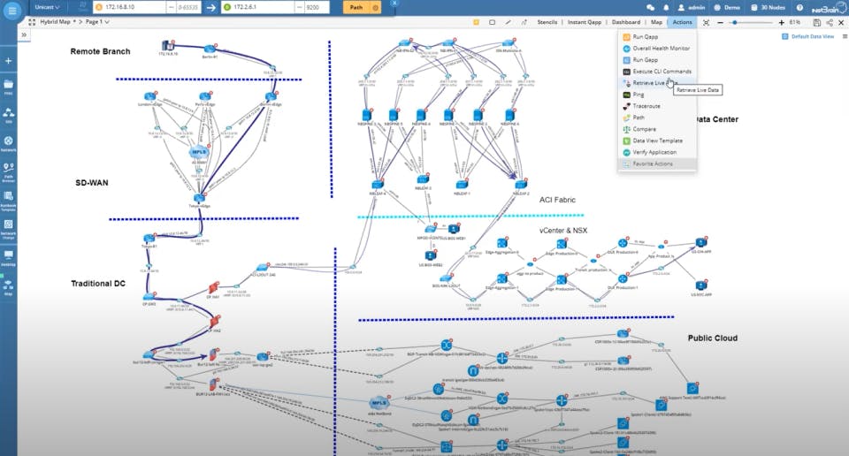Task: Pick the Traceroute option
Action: point(647,105)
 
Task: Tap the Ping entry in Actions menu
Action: point(639,94)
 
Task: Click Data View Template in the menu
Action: point(657,141)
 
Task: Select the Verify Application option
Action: point(654,152)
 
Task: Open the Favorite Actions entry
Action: point(654,163)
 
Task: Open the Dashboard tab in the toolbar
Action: point(627,21)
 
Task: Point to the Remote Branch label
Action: point(100,51)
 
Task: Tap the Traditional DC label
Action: point(103,284)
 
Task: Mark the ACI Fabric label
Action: point(558,200)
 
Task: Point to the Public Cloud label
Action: point(712,338)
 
